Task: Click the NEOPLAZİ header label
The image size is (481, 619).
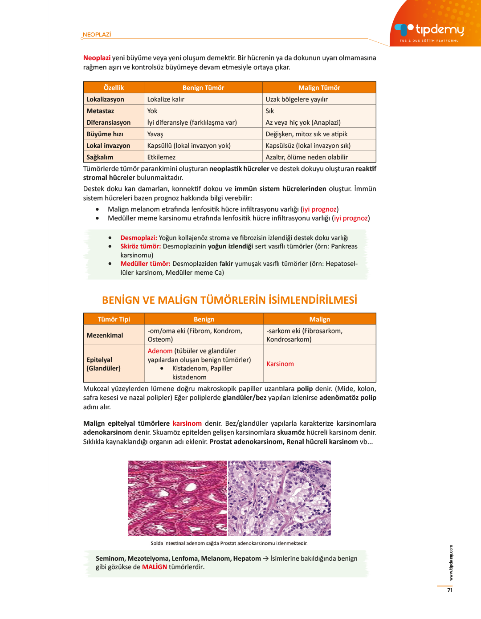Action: coord(97,35)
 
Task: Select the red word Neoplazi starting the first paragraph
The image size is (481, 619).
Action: coord(97,58)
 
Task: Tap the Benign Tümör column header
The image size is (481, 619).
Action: coord(203,88)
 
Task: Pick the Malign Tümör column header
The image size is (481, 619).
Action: coord(319,88)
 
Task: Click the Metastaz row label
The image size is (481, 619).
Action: coord(100,111)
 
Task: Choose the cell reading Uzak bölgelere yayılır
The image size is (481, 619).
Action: coord(297,99)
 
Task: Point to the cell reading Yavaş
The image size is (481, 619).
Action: coord(155,134)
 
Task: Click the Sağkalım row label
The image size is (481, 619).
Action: coord(100,157)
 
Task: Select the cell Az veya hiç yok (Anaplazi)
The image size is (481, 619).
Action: coord(303,122)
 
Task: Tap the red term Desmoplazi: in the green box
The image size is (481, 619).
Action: coord(139,238)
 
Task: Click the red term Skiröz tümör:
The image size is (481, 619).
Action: coord(140,246)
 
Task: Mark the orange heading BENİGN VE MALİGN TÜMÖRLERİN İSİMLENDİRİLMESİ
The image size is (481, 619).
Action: coord(229,300)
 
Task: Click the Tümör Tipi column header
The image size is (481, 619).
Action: coord(114,319)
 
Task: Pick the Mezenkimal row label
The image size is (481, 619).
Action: coord(105,335)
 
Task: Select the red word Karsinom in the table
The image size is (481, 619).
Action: coord(280,364)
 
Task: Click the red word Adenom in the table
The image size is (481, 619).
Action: coord(160,351)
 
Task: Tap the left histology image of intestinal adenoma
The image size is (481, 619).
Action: coord(177,498)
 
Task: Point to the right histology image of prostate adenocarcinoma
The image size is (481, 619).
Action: coord(279,498)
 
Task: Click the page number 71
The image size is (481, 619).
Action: coord(450,590)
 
